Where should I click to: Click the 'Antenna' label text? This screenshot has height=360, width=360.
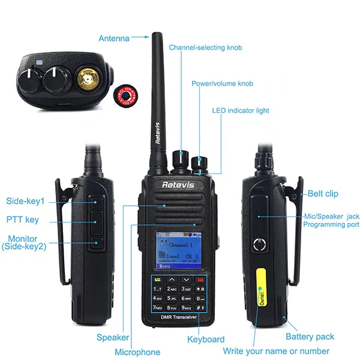[x=113, y=38]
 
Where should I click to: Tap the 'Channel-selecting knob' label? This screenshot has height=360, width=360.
[x=205, y=47]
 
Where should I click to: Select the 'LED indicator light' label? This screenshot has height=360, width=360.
[x=241, y=110]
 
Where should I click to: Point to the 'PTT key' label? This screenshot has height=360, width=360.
[x=23, y=220]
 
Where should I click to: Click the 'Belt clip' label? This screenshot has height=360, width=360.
[x=323, y=194]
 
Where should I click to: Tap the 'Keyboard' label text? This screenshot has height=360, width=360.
[x=206, y=339]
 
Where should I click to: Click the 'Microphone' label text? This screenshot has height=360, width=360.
[x=137, y=352]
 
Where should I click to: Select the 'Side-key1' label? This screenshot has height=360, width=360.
[x=26, y=201]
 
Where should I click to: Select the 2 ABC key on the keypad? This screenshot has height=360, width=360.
[x=172, y=289]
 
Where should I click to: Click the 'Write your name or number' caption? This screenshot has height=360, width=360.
[x=276, y=351]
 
